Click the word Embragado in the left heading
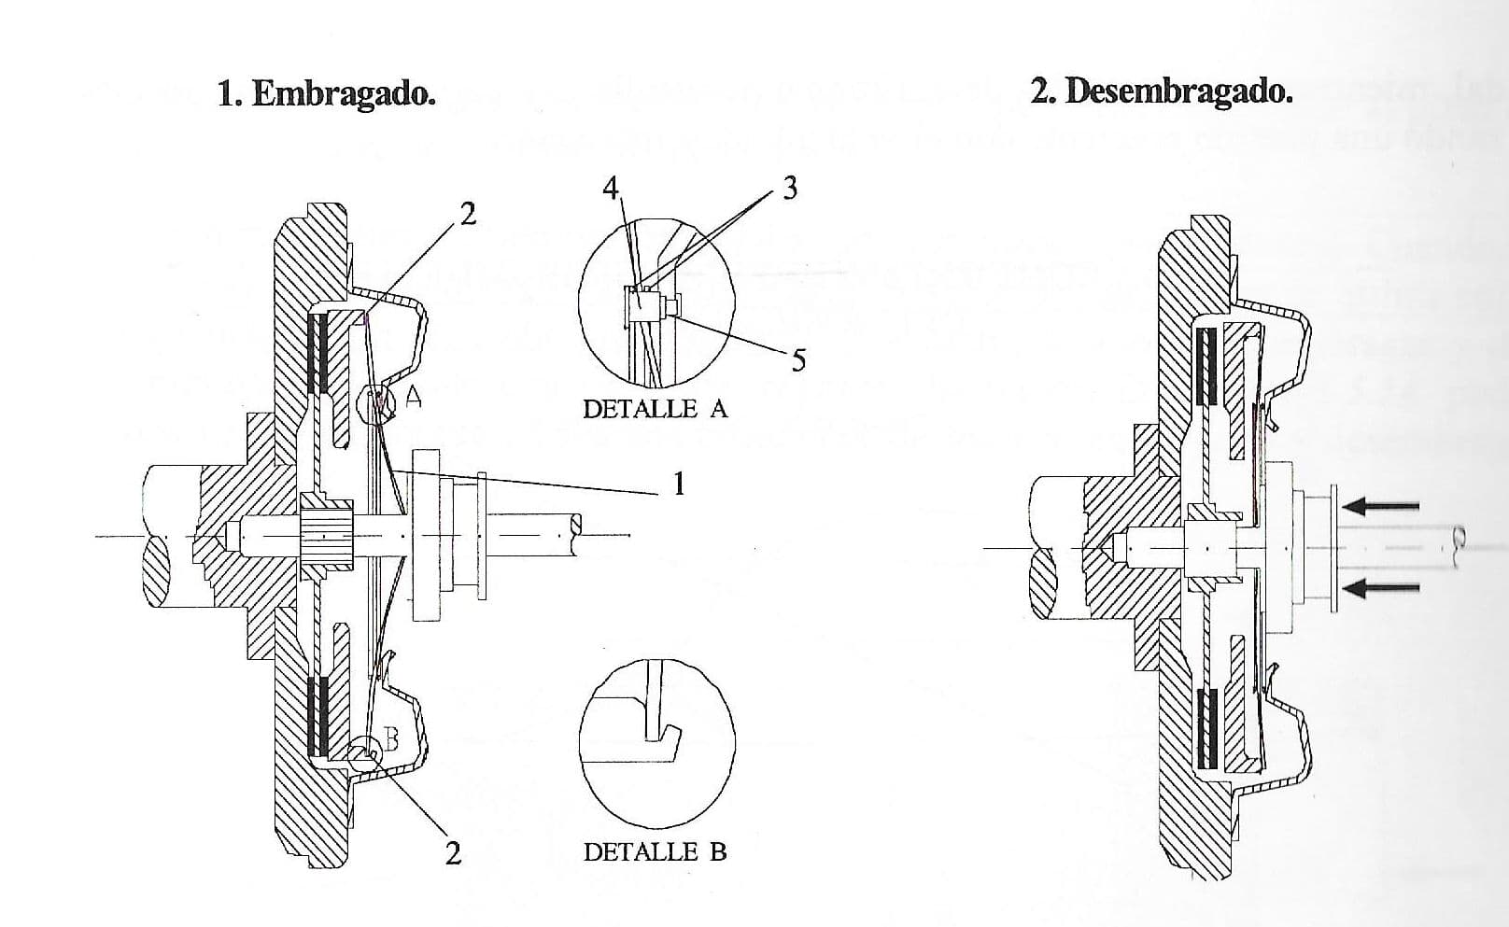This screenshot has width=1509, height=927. [x=344, y=93]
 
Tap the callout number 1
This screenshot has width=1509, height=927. [x=679, y=484]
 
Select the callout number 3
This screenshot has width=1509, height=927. [x=790, y=188]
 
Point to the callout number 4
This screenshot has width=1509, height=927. [x=611, y=188]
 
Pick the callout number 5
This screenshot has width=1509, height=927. [x=798, y=360]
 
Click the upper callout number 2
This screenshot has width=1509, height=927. [x=468, y=214]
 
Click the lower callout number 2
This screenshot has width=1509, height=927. [x=454, y=853]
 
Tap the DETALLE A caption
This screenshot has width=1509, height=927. [x=655, y=409]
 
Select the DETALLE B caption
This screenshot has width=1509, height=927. [x=655, y=852]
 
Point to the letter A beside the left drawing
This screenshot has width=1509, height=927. [x=413, y=398]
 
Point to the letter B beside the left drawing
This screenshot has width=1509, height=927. [x=390, y=739]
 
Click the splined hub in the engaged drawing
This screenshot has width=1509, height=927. [x=325, y=535]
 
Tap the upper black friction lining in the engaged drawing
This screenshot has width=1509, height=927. [x=318, y=355]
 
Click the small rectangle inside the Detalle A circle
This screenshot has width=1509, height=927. [x=642, y=306]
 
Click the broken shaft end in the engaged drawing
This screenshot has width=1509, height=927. [x=574, y=536]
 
